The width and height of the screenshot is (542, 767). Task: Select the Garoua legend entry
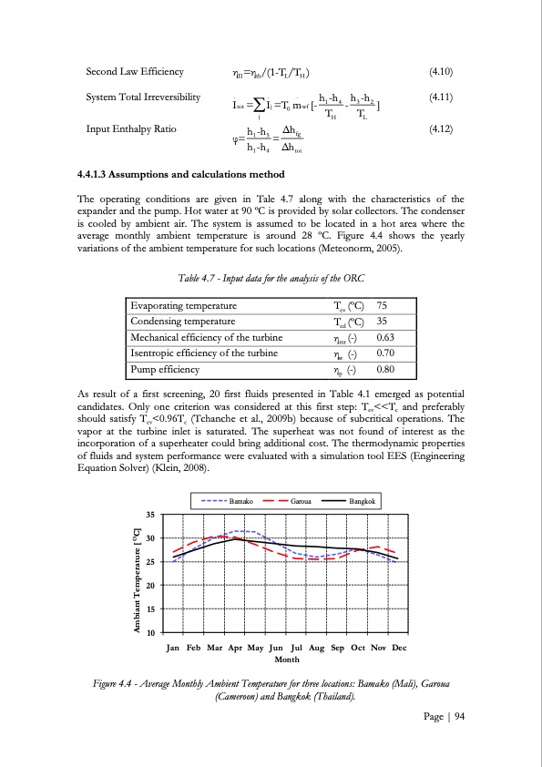291,501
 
